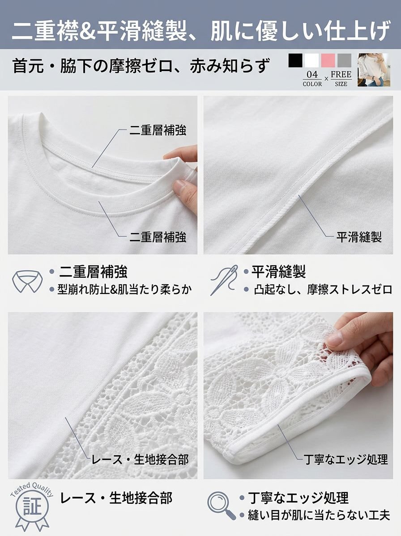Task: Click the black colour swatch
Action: click(x=295, y=60)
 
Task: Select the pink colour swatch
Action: click(x=328, y=60)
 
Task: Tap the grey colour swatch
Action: click(x=345, y=60)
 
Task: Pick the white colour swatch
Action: click(x=311, y=60)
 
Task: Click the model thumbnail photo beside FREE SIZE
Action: click(x=374, y=70)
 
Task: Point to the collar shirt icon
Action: click(x=27, y=281)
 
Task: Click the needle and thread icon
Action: click(x=224, y=280)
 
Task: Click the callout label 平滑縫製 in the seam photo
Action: click(x=359, y=237)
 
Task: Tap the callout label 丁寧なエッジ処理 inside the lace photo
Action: click(x=346, y=459)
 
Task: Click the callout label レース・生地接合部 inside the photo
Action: click(x=140, y=459)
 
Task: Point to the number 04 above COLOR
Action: click(x=312, y=75)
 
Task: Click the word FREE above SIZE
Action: click(x=341, y=74)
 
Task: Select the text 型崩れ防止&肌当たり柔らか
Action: click(x=124, y=289)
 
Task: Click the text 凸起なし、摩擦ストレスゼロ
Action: click(x=323, y=289)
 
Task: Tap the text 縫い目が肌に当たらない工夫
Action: click(x=319, y=515)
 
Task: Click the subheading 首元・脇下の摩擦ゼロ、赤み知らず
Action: click(x=141, y=66)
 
